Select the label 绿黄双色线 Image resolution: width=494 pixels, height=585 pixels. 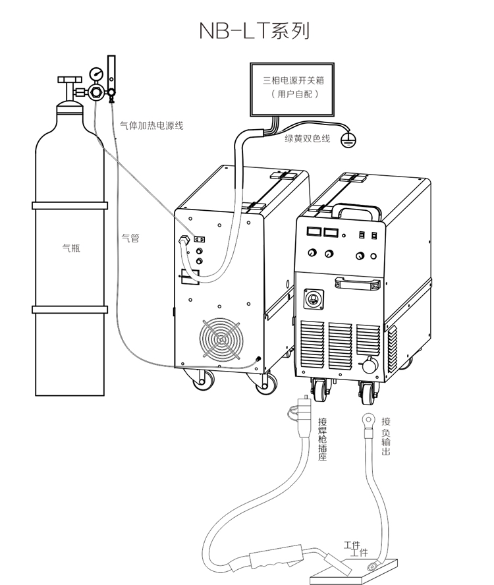(x=307, y=138)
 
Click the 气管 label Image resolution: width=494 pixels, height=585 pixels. (x=130, y=238)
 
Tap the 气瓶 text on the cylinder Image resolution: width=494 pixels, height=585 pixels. (x=70, y=249)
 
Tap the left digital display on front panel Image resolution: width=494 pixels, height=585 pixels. (x=314, y=233)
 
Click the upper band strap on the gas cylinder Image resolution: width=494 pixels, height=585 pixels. (x=69, y=206)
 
